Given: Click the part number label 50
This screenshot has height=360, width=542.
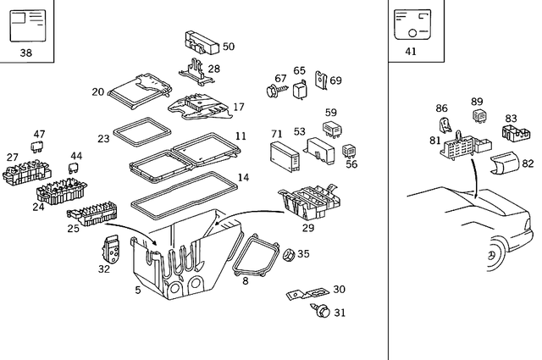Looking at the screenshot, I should coord(229,47).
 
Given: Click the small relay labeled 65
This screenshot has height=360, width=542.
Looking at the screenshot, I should coord(300,87).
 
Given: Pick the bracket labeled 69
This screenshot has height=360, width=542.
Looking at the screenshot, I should coord(322,80).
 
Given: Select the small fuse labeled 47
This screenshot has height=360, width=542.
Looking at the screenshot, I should coord(38,147).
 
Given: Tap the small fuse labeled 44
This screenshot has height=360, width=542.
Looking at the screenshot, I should coord(73,168).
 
